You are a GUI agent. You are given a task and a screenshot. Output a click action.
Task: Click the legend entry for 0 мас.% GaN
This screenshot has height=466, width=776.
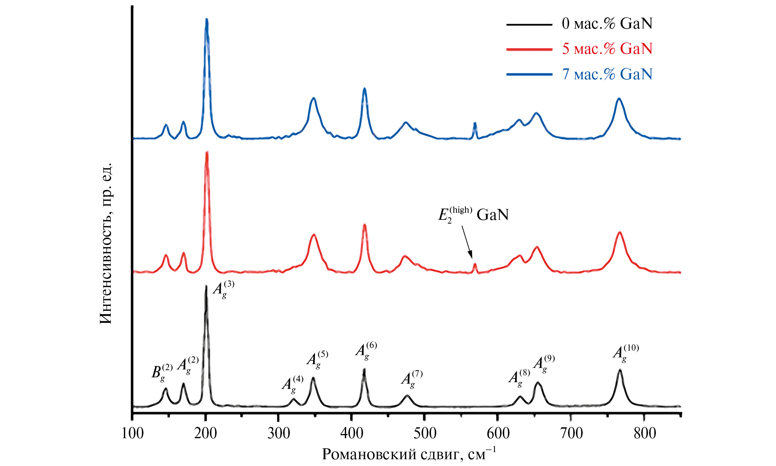[x=607, y=24]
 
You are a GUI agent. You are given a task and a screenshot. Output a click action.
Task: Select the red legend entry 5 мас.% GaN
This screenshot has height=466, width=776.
[x=607, y=49]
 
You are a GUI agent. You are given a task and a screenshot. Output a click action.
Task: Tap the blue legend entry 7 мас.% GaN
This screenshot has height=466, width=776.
[x=607, y=74]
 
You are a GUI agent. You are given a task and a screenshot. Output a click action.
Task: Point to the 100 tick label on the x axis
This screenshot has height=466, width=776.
[x=133, y=433]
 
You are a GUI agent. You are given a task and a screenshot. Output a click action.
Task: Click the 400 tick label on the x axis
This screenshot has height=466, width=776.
[x=352, y=433]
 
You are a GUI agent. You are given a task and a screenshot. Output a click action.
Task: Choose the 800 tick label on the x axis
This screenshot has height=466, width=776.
[x=645, y=433]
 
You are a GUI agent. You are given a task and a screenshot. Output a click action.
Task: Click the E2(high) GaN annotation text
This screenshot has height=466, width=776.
[x=473, y=215]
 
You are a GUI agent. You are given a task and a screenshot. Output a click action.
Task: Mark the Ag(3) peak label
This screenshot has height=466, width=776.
[x=223, y=289]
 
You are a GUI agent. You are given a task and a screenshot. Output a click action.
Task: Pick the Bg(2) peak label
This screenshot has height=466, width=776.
[x=162, y=372]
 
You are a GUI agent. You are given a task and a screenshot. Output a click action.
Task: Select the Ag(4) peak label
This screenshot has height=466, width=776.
[x=292, y=384]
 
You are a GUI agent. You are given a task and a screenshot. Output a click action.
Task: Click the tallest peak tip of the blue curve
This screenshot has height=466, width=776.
[x=206, y=20]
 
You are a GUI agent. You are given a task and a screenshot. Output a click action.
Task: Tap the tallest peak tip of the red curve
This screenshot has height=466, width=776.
[x=206, y=153]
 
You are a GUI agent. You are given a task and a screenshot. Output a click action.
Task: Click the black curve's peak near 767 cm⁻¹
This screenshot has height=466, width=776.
[x=620, y=370]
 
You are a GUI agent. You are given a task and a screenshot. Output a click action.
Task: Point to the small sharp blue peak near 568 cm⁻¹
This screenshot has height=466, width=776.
[x=475, y=123]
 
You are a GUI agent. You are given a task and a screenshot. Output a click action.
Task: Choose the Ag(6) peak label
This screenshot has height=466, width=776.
[x=366, y=350]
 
